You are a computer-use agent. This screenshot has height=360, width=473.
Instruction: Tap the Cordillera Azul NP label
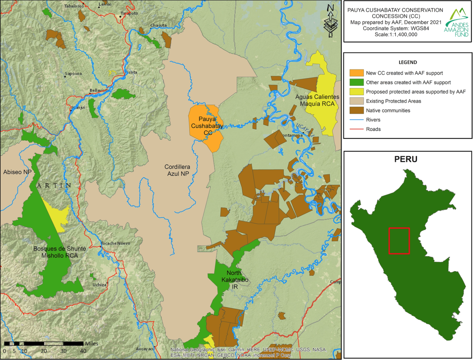(x=177, y=170)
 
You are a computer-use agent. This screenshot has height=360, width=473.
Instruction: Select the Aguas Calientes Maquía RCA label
(x=317, y=100)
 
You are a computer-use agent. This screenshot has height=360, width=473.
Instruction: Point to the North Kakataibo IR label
(x=234, y=280)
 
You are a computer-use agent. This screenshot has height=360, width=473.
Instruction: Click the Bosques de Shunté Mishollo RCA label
(x=59, y=252)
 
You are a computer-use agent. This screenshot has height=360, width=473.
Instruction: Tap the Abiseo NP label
(x=17, y=172)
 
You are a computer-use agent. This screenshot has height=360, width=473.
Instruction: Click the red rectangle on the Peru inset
(x=399, y=241)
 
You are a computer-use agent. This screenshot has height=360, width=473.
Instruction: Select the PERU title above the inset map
(x=406, y=159)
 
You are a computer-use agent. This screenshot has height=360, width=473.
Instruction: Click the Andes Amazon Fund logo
(x=457, y=23)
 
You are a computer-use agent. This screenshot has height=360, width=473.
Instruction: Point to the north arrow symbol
(x=330, y=21)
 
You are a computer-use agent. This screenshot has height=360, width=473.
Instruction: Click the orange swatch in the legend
(x=356, y=73)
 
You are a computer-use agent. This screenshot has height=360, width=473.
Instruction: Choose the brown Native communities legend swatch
(x=356, y=110)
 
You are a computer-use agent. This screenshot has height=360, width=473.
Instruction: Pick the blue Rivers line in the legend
(x=356, y=120)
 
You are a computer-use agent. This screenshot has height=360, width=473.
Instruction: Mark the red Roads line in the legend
(x=356, y=129)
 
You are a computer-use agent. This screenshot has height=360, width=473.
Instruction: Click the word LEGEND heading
(x=408, y=62)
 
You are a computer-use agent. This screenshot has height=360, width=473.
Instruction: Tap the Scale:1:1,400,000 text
(x=396, y=34)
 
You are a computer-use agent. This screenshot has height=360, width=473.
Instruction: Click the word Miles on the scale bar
(x=91, y=343)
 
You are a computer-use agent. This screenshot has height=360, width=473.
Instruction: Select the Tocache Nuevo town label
(x=115, y=243)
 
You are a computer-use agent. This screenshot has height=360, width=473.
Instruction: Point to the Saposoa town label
(x=73, y=74)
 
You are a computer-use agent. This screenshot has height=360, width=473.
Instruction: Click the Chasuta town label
(x=159, y=25)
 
